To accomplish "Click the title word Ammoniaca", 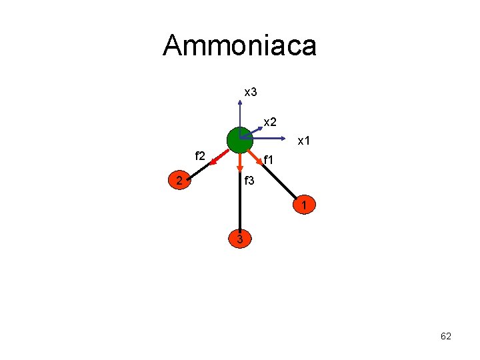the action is (x=239, y=46).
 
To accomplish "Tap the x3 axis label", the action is (x=251, y=92).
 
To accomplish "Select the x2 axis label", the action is (x=270, y=122).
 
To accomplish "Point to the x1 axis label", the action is (x=304, y=141).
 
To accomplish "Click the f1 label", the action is (x=269, y=160).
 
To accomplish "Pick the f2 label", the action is (x=200, y=156).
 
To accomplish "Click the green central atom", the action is (x=239, y=140).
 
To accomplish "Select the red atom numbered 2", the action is (x=179, y=180).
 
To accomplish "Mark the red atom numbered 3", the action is (x=240, y=238).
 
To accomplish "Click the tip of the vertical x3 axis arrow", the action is (x=240, y=102).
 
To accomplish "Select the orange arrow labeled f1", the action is (x=256, y=159).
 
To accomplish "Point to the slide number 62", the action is (x=446, y=337).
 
